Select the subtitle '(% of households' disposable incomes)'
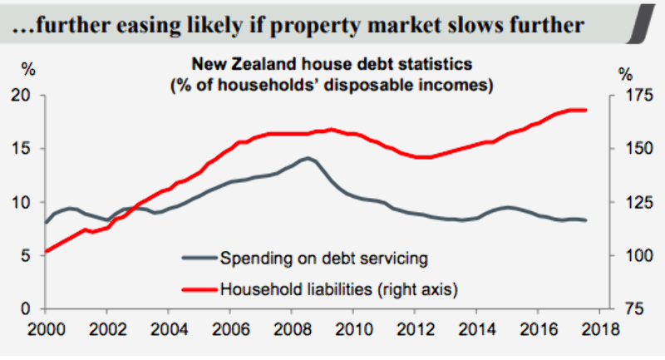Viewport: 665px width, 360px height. pyautogui.click(x=332, y=84)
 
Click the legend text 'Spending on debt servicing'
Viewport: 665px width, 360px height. pyautogui.click(x=324, y=258)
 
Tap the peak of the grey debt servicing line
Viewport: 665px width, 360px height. pyautogui.click(x=308, y=158)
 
